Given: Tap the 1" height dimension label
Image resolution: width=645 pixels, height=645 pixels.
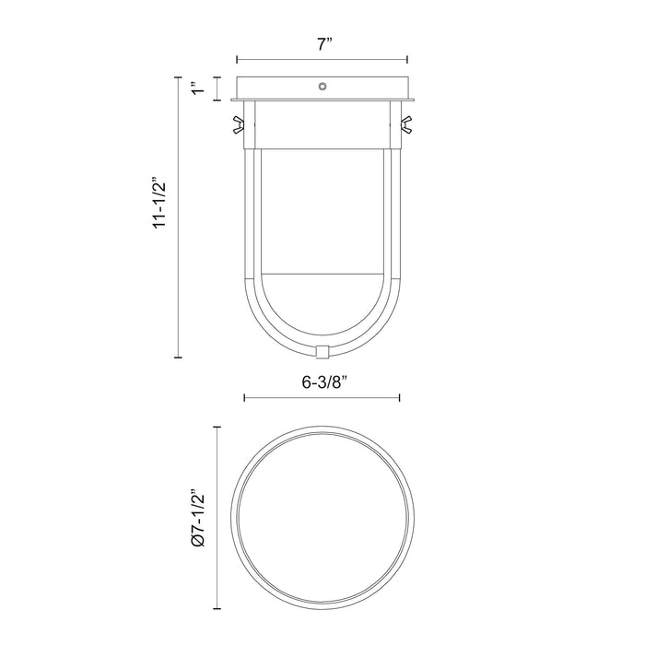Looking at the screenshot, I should [194, 88].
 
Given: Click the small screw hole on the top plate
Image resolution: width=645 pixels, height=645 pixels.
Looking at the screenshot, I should [322, 87].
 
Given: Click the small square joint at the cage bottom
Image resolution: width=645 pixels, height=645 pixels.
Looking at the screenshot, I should [322, 351].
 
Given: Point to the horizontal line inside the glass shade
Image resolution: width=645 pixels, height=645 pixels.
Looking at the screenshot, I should [322, 274].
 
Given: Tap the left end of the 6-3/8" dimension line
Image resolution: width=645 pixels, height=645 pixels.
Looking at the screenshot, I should [243, 398].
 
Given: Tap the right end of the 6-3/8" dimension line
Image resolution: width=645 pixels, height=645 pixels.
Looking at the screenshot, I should [399, 398].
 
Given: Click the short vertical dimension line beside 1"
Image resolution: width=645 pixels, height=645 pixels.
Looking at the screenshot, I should [217, 88].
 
